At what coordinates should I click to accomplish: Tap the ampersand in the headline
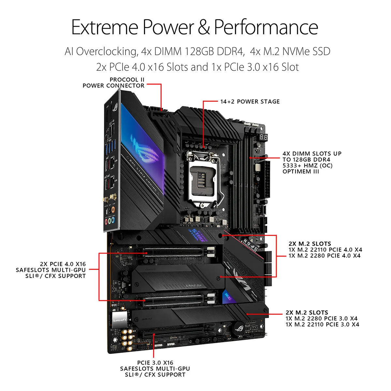tap(204, 27)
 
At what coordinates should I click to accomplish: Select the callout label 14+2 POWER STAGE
tap(250, 102)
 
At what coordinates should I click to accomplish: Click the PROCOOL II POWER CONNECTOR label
tap(113, 83)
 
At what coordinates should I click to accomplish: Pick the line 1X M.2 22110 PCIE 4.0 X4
tap(325, 250)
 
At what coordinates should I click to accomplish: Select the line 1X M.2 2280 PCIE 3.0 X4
tap(321, 318)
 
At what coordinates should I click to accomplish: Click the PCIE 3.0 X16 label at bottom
tap(155, 363)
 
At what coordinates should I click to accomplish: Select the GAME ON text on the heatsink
tap(193, 285)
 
